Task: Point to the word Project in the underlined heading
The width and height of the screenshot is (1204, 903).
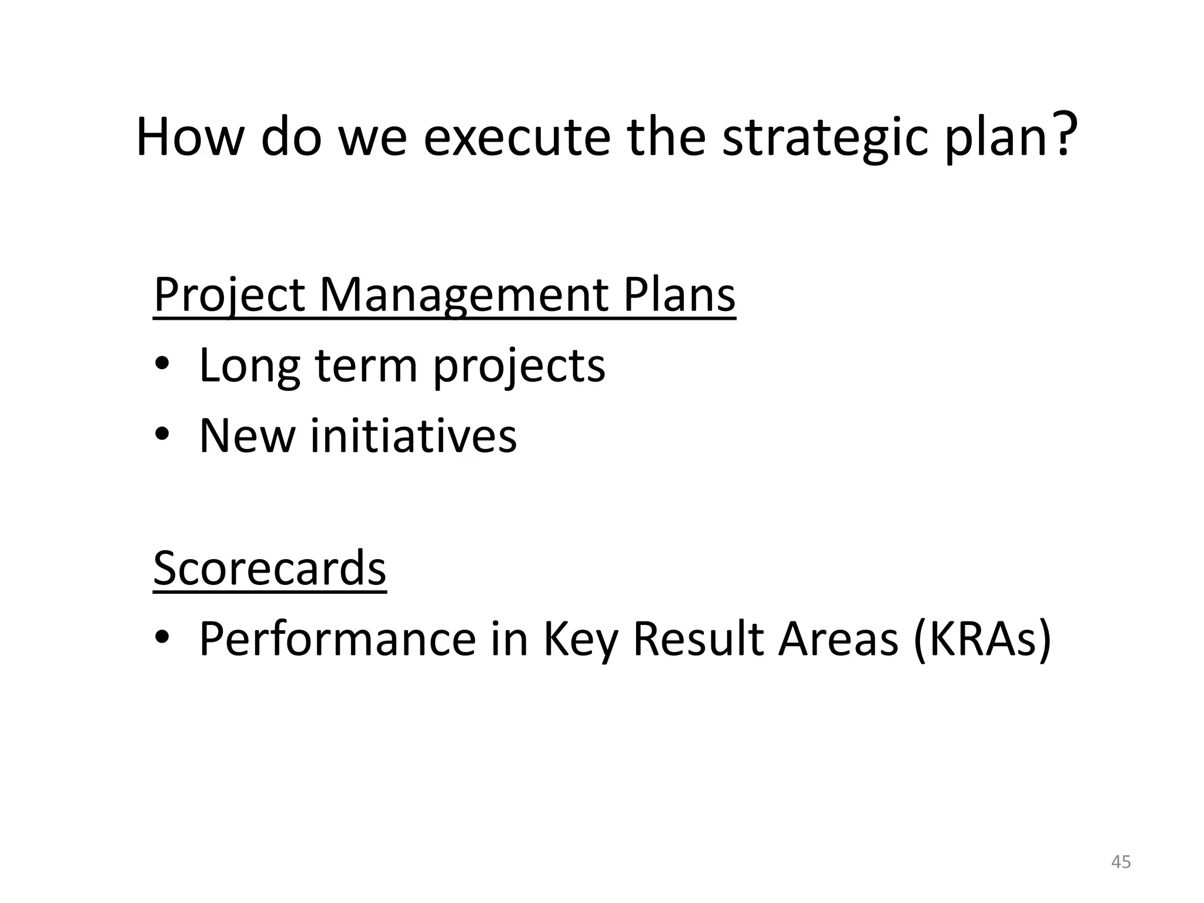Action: pyautogui.click(x=229, y=295)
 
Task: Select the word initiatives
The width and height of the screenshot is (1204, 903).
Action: pyautogui.click(x=413, y=436)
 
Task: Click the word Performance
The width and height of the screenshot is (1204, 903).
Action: pyautogui.click(x=337, y=640)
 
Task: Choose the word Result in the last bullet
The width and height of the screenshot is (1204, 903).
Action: pyautogui.click(x=698, y=638)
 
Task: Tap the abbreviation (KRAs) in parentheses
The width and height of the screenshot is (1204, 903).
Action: pyautogui.click(x=982, y=640)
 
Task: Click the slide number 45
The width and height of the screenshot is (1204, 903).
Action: pyautogui.click(x=1121, y=862)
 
